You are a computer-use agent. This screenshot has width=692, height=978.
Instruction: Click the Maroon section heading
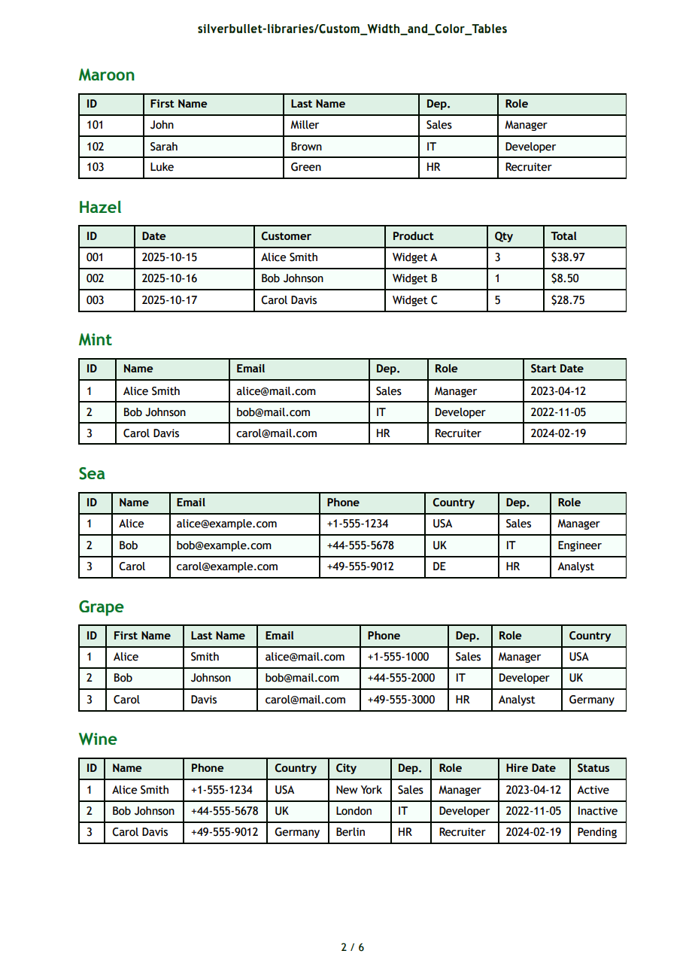(106, 74)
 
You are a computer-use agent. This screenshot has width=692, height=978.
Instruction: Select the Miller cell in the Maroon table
(305, 125)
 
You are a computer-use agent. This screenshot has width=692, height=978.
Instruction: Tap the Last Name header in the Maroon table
(317, 104)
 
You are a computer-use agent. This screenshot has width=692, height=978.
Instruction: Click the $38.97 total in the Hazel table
(567, 257)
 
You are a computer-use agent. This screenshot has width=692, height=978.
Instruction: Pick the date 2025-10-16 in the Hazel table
(169, 278)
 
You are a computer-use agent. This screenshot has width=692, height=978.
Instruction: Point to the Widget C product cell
(414, 300)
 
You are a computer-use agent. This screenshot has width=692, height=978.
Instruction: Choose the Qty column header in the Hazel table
(503, 236)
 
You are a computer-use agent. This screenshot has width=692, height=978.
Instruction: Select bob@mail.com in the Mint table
(273, 412)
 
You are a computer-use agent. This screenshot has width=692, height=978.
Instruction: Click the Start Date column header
(557, 369)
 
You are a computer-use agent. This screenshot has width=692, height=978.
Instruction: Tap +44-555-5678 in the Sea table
(360, 545)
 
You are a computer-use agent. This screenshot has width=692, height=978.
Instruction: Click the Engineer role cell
(579, 545)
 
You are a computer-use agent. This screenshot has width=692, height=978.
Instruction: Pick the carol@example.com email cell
(227, 566)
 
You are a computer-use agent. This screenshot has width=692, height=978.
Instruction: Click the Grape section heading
(101, 606)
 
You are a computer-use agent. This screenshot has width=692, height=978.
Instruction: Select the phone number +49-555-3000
(401, 700)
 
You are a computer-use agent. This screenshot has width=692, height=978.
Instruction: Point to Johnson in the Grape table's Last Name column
(211, 678)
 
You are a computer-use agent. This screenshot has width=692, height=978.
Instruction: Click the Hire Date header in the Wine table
(530, 768)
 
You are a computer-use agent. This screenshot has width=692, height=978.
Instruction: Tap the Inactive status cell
(596, 811)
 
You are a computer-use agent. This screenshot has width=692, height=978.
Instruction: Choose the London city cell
(354, 811)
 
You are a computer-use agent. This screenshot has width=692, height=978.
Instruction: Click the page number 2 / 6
(352, 947)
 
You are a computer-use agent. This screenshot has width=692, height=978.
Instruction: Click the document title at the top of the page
(352, 29)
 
